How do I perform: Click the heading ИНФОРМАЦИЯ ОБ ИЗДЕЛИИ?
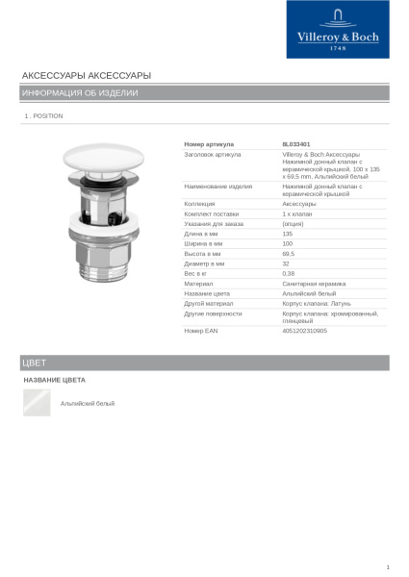80,93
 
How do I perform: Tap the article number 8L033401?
295,144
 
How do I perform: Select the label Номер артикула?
209,144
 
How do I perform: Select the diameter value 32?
286,263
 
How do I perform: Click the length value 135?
287,234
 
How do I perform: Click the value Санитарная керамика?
313,284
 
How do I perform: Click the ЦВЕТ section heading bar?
204,363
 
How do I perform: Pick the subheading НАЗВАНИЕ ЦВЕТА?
54,381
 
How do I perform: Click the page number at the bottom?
387,567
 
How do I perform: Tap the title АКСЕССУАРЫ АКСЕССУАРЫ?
86,75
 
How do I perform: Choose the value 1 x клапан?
296,213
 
